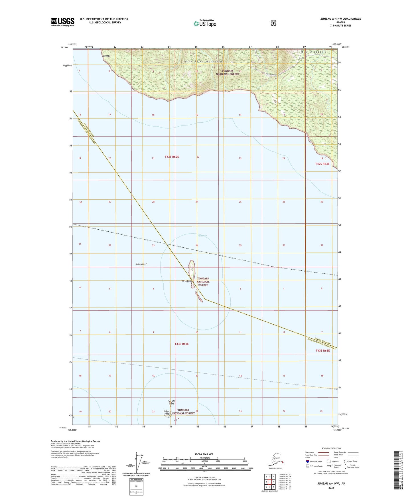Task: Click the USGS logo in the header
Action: [x=63, y=22]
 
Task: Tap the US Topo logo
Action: [x=205, y=23]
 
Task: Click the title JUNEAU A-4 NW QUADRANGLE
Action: [x=340, y=19]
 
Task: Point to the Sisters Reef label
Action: [x=141, y=264]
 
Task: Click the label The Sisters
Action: [x=186, y=281]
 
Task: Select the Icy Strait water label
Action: [x=202, y=236]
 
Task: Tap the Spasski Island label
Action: [x=171, y=402]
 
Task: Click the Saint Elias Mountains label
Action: [x=203, y=61]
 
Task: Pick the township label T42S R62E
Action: [x=172, y=157]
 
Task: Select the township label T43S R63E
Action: [x=322, y=351]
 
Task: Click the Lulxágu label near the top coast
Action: [x=106, y=56]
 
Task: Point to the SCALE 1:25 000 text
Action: [x=204, y=454]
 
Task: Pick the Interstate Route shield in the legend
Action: [x=308, y=461]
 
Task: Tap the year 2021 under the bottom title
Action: [x=331, y=488]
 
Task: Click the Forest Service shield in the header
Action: [x=273, y=23]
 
